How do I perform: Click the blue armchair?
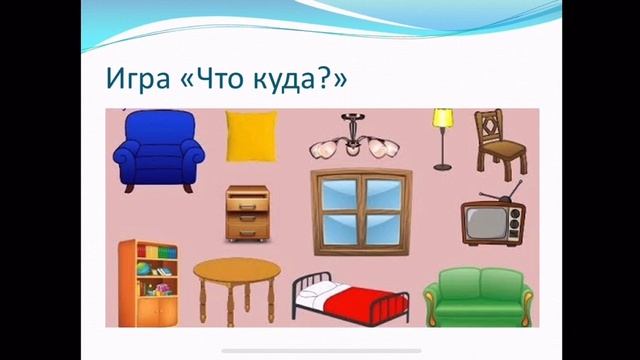(158, 152)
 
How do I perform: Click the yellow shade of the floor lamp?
(443, 118)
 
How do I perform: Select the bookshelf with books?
(147, 283)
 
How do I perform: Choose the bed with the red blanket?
(351, 296)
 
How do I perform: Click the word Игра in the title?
(138, 79)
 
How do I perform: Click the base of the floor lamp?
(443, 167)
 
